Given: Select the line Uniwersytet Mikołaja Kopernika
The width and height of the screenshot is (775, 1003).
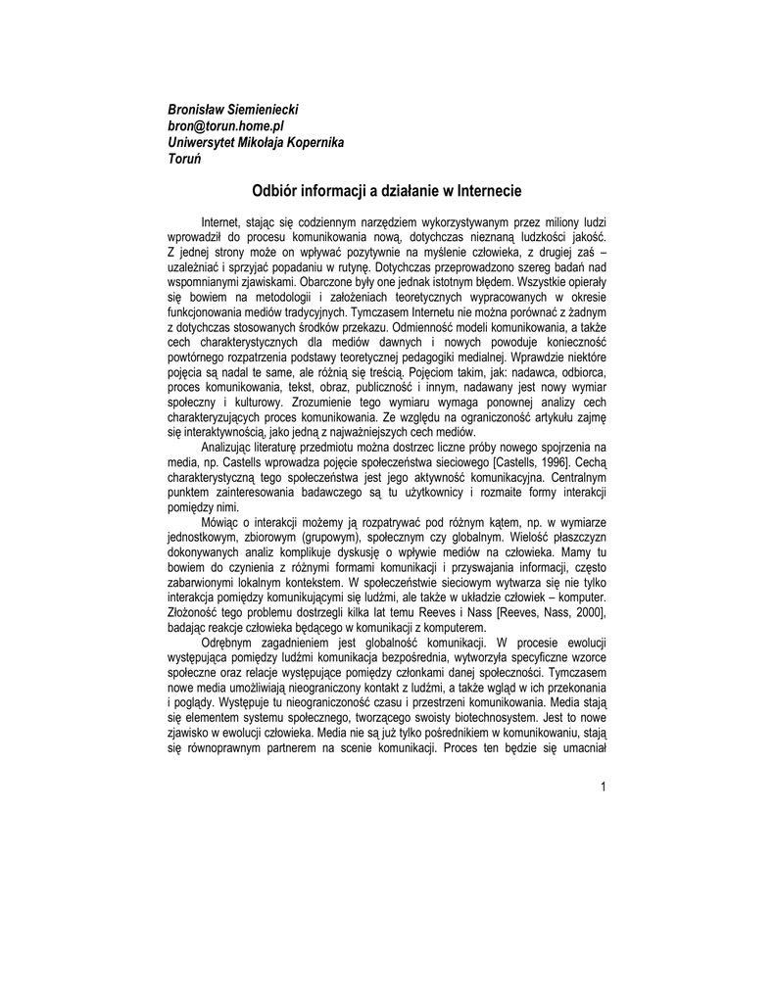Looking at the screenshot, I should [256, 143].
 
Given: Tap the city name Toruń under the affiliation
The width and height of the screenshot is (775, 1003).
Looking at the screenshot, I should [184, 160].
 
